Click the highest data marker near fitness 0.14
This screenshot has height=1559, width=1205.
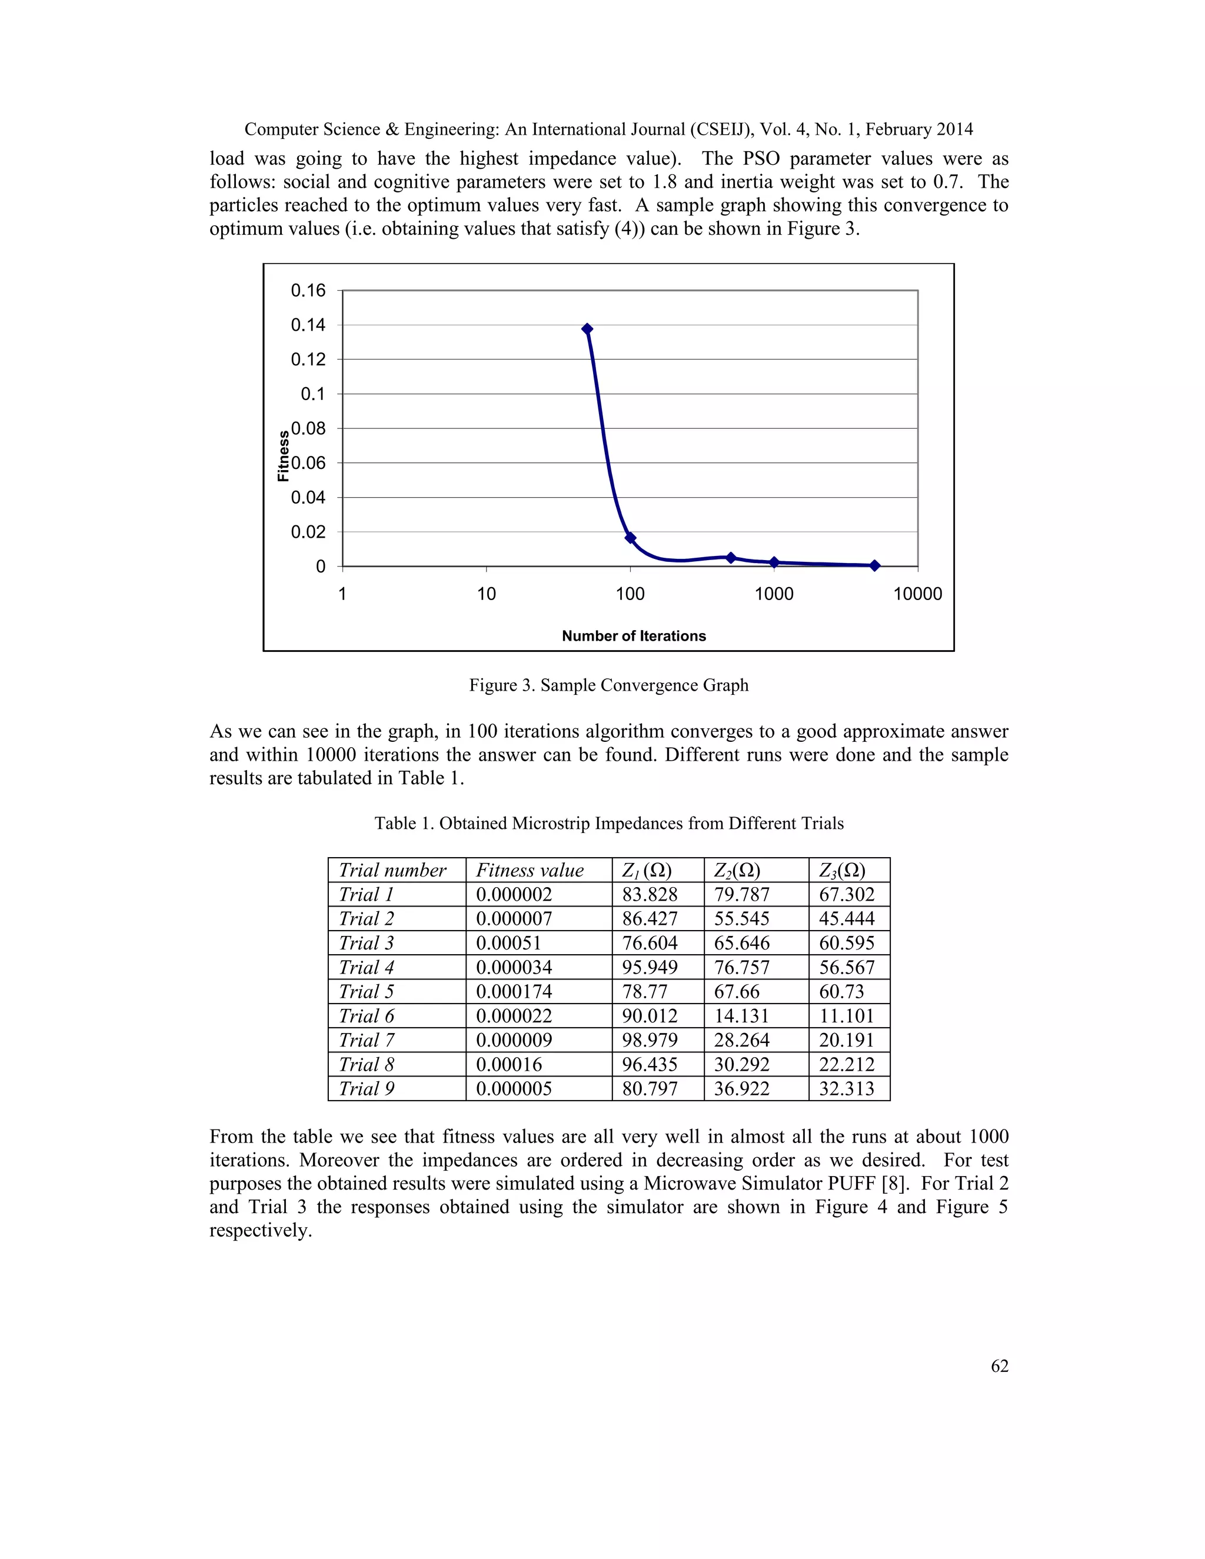pos(587,329)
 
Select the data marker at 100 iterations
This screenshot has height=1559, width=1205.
pos(630,538)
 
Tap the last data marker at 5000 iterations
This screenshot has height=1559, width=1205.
pos(874,565)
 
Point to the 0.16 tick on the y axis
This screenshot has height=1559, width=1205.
pos(308,291)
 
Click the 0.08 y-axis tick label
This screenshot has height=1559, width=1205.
pos(308,428)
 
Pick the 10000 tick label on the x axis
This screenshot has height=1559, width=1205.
pos(917,594)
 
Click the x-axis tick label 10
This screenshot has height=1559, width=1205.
pos(486,594)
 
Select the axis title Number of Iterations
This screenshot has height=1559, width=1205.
pos(633,636)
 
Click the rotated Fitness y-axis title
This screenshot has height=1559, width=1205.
pos(284,456)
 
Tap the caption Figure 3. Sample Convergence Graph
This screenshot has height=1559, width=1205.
pos(608,685)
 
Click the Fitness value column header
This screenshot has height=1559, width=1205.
pos(530,870)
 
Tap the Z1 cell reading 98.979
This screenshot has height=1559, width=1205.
pos(650,1040)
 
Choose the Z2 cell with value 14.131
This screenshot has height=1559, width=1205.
pos(742,1016)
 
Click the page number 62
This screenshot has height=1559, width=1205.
pos(1000,1365)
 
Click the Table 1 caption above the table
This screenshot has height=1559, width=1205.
pos(608,823)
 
